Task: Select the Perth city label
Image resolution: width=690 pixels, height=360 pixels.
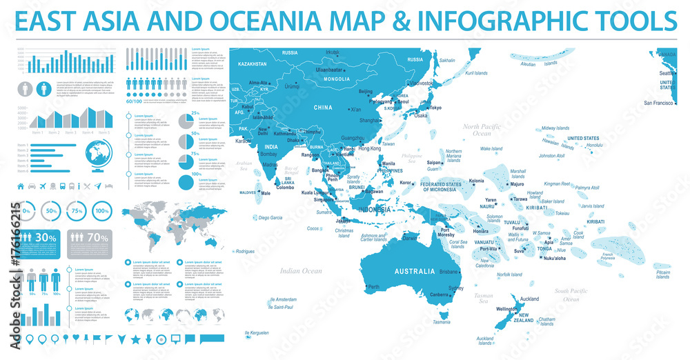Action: (374, 287)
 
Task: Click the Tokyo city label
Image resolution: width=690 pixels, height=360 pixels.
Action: (435, 108)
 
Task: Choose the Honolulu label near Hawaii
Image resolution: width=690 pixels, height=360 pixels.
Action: (595, 146)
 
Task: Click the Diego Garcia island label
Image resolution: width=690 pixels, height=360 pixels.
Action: (270, 217)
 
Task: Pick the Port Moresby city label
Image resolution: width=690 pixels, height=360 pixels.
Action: (445, 234)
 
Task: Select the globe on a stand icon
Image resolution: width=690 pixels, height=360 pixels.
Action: (95, 156)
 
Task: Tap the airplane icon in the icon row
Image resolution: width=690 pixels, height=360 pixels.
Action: (43, 186)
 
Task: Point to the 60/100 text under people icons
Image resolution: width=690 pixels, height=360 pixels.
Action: (135, 101)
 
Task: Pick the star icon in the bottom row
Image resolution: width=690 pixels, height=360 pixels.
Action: (135, 339)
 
